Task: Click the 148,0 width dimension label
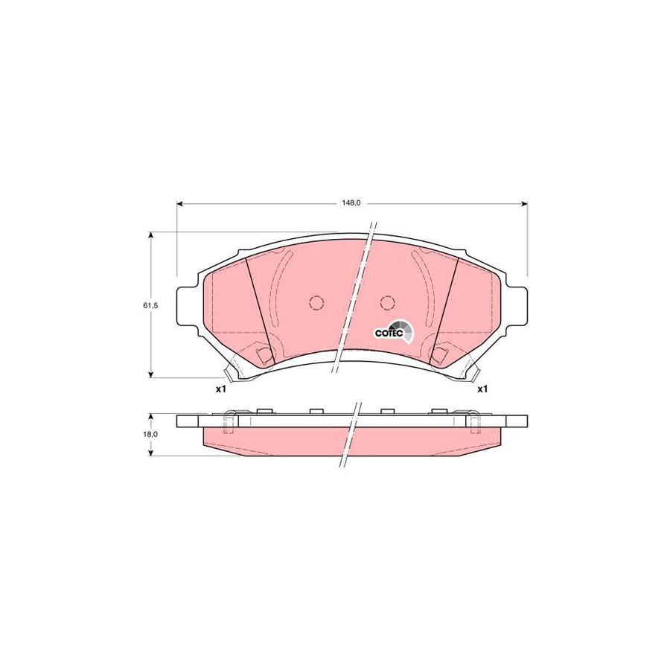[351, 202]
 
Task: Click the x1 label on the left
[220, 389]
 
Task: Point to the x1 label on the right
[482, 389]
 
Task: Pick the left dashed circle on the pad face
[316, 303]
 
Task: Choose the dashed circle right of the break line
[386, 303]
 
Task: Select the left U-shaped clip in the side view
[231, 421]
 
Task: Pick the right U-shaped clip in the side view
[472, 421]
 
